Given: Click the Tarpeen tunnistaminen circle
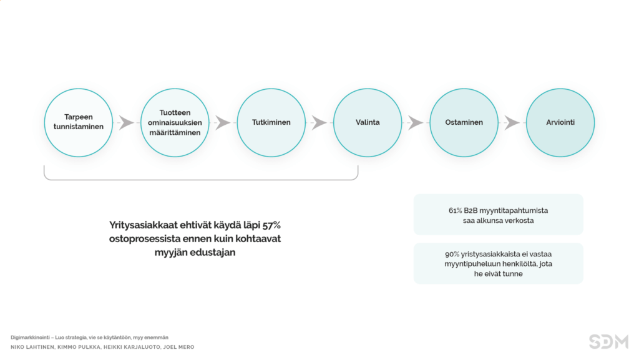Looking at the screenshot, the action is click(79, 122).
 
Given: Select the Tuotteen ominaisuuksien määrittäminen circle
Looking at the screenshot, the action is click(175, 122).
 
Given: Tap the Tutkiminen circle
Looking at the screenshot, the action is click(271, 122).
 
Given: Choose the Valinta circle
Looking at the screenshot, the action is click(368, 122).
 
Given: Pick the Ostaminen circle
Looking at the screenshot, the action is click(464, 122).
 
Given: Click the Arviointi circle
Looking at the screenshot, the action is click(560, 122).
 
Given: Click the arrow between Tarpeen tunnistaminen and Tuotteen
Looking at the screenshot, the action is click(126, 122).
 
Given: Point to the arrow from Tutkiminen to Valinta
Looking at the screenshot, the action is click(319, 122).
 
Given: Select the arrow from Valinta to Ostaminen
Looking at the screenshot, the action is click(416, 122).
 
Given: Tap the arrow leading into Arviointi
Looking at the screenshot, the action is click(512, 122).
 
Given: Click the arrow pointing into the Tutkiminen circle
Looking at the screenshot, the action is click(223, 122).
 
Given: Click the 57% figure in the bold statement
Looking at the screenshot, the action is click(271, 225).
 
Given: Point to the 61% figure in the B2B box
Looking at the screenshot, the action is click(455, 210).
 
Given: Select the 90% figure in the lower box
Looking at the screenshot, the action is click(452, 254).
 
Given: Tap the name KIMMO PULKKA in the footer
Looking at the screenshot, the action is click(79, 348).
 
